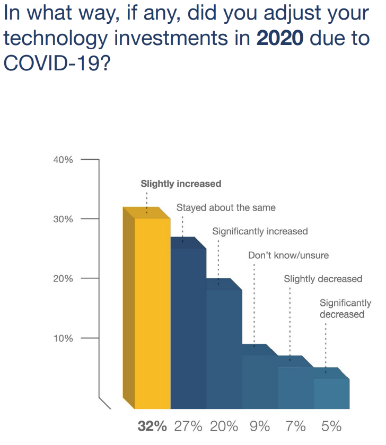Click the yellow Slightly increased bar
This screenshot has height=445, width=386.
[153, 312]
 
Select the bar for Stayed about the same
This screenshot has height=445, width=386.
[189, 328]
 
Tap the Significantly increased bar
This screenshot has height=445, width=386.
[224, 349]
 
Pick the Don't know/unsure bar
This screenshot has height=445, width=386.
[260, 381]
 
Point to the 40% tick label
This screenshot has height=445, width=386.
[63, 159]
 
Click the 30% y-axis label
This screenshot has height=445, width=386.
[63, 219]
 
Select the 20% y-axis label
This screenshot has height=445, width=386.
[63, 278]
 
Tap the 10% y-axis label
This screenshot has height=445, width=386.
[63, 338]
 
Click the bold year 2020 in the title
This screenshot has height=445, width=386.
[280, 39]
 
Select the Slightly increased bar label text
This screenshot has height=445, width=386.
[181, 184]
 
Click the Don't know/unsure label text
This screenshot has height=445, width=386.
[288, 255]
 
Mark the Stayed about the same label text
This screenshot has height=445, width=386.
[226, 207]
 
